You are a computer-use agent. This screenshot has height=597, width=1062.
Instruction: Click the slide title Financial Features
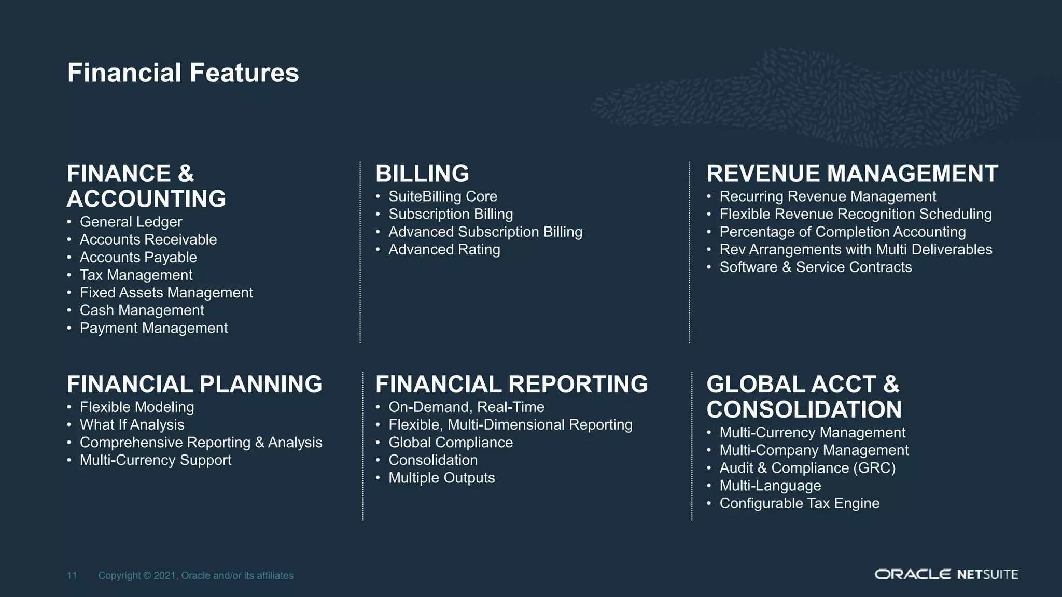point(183,73)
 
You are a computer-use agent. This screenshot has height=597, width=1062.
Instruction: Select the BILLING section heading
point(422,174)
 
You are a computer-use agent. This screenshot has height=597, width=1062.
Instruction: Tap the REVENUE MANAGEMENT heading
point(852,174)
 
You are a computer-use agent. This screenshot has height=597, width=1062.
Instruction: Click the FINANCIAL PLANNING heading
point(194,385)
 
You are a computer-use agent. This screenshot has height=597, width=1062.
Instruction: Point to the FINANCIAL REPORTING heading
point(511,385)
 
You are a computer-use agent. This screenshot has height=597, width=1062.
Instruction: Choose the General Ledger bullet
point(131,222)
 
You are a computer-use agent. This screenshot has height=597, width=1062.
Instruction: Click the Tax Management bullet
point(136,275)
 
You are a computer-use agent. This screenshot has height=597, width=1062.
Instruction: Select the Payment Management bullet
point(153,328)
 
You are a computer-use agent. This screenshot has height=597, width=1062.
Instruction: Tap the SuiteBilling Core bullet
point(442,196)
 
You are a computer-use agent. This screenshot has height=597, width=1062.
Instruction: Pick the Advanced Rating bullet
point(444,250)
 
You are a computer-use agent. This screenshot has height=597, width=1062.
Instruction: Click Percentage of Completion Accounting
point(842,232)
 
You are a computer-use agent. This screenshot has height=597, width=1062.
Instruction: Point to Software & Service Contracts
point(815,267)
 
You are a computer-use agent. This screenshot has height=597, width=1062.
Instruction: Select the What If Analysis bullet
point(132,425)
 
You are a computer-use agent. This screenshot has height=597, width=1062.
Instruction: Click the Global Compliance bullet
point(450,443)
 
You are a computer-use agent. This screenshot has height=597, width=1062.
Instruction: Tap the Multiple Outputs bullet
point(441,478)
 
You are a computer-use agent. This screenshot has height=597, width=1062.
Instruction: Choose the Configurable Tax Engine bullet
point(799,503)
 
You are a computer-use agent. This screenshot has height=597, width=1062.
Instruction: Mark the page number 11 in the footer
point(72,576)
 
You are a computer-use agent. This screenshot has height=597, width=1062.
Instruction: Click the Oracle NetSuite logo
point(946,574)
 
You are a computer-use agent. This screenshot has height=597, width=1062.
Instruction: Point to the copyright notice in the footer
point(195,576)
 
